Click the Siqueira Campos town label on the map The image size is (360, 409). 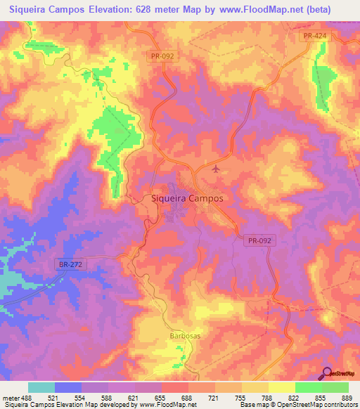[187, 198]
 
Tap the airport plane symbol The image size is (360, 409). [215, 169]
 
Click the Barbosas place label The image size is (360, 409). [185, 336]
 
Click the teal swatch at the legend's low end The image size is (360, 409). [41, 387]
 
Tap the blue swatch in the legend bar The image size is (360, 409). [68, 387]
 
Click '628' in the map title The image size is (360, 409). [151, 10]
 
